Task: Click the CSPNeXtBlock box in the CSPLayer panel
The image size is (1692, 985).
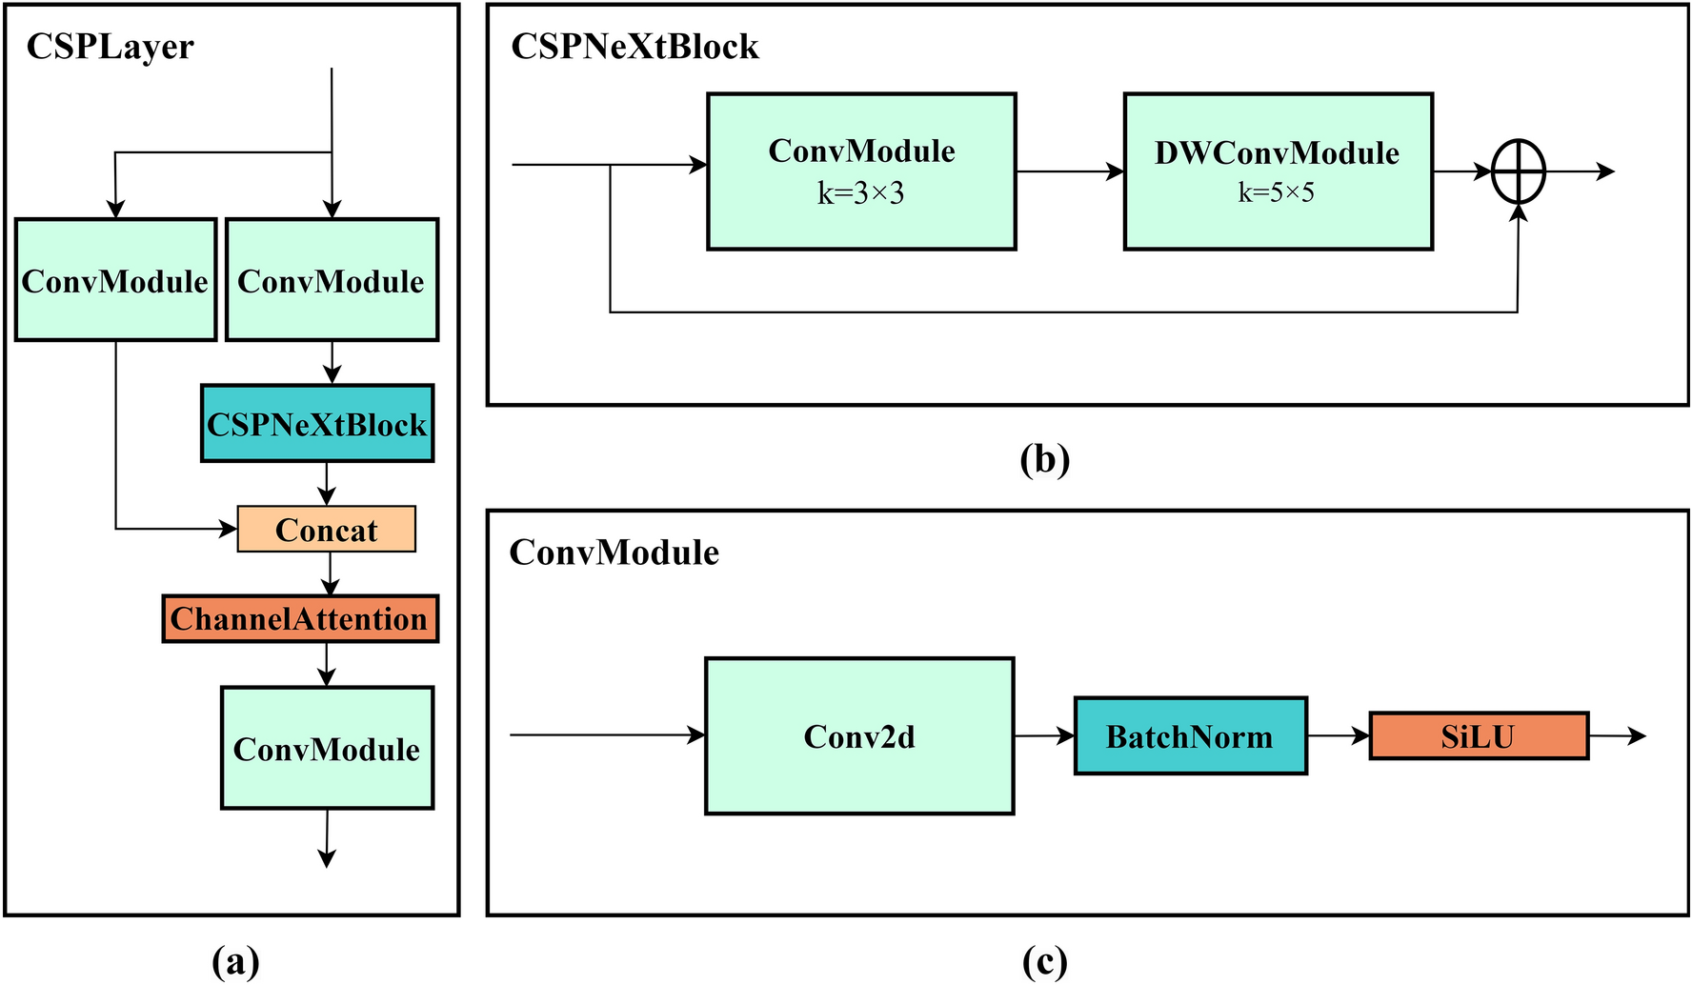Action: (317, 424)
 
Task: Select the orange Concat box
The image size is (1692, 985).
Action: (326, 530)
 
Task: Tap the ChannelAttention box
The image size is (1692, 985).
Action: (300, 619)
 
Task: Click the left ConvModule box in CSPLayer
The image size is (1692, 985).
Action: (115, 280)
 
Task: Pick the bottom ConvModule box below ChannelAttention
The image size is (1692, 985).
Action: (327, 749)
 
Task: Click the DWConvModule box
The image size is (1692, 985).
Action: (1278, 171)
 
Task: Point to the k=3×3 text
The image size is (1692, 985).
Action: (860, 193)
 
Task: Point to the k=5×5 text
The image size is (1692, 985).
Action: (1276, 192)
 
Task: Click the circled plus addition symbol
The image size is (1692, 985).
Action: (1518, 171)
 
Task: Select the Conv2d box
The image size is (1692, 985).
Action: (858, 736)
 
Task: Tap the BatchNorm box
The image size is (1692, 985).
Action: (1190, 736)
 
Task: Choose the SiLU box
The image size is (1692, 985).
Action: (1478, 736)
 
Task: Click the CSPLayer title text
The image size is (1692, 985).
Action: (110, 46)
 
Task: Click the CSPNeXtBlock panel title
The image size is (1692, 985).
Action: (634, 46)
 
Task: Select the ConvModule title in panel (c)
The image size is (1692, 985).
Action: (614, 553)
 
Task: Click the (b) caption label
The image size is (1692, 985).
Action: (1044, 459)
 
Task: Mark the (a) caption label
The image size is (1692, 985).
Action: (234, 960)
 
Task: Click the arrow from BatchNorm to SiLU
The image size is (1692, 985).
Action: (1338, 735)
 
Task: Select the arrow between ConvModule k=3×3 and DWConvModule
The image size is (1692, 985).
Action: (1069, 171)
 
